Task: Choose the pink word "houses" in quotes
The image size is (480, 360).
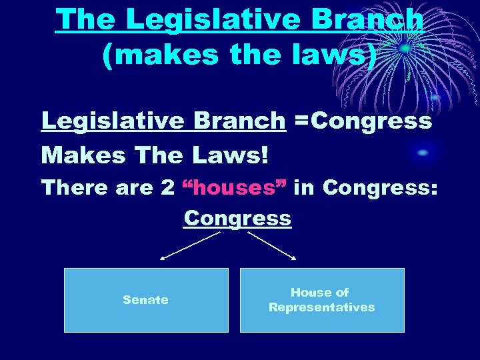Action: (x=235, y=188)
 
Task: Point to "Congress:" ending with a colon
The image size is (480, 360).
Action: (x=380, y=188)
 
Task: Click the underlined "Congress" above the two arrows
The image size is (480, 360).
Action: (x=237, y=218)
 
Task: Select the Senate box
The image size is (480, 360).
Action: (x=146, y=300)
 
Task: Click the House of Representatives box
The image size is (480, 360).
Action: (x=322, y=300)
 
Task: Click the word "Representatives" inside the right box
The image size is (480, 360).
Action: (x=322, y=307)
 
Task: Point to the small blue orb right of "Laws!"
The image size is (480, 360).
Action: (x=422, y=153)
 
